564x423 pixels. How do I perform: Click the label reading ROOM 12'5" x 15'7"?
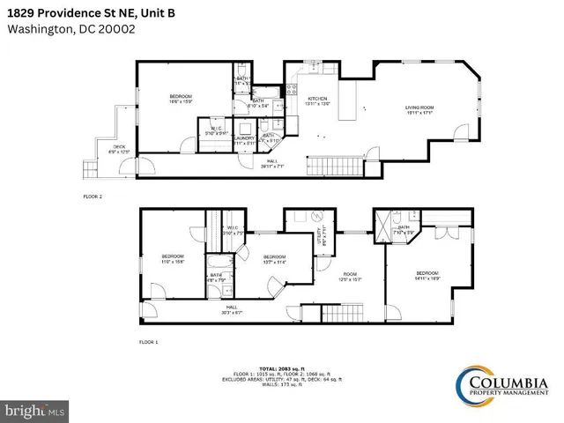(x=351, y=276)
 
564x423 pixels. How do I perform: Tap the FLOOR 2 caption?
(x=93, y=197)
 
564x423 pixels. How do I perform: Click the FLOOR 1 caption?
(x=148, y=340)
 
